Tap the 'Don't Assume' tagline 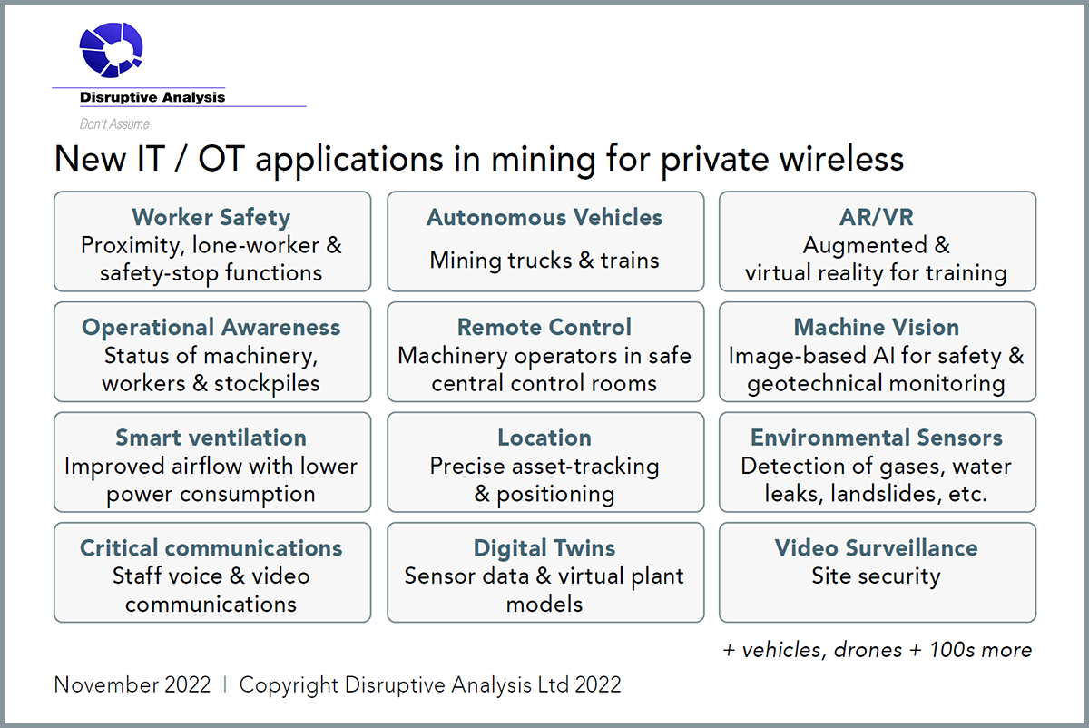pyautogui.click(x=114, y=124)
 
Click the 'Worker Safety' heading pyautogui.click(x=211, y=217)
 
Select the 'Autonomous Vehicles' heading pyautogui.click(x=544, y=217)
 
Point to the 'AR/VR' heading pyautogui.click(x=877, y=217)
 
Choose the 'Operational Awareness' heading pyautogui.click(x=211, y=327)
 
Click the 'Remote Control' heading pyautogui.click(x=544, y=327)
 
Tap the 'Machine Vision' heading pyautogui.click(x=877, y=327)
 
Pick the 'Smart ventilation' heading pyautogui.click(x=211, y=438)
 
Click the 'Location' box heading pyautogui.click(x=544, y=438)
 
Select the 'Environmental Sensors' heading pyautogui.click(x=877, y=438)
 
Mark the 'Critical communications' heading pyautogui.click(x=211, y=547)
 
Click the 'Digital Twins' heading pyautogui.click(x=544, y=547)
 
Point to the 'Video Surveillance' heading pyautogui.click(x=876, y=547)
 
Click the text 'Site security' pyautogui.click(x=876, y=576)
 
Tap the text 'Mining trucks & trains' pyautogui.click(x=544, y=260)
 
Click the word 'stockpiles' pyautogui.click(x=267, y=383)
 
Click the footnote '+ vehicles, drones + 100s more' pyautogui.click(x=877, y=650)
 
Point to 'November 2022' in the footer pyautogui.click(x=132, y=684)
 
